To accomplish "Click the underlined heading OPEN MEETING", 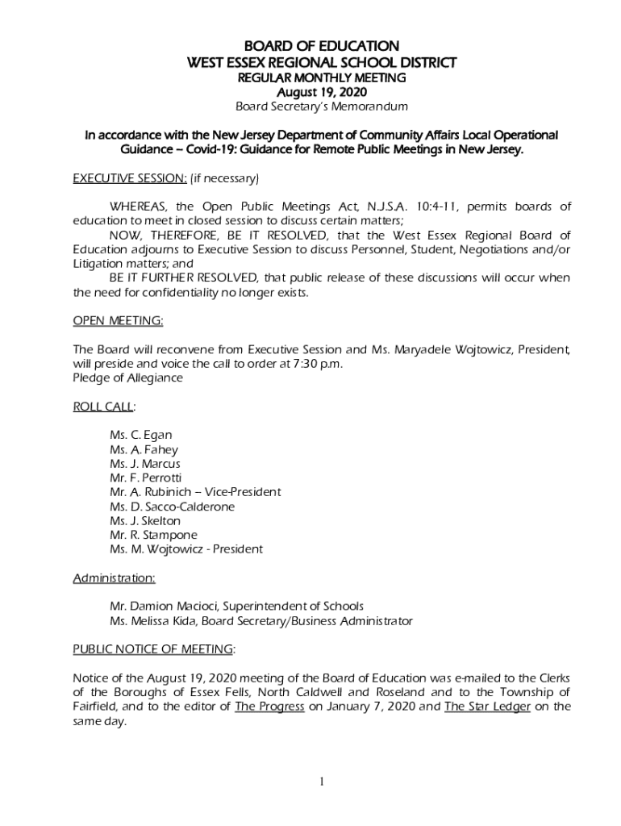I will click(x=118, y=321).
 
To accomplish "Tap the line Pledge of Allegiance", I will click(x=127, y=378).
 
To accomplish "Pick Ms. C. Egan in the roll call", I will click(x=140, y=436).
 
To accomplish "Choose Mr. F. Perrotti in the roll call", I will click(x=145, y=478).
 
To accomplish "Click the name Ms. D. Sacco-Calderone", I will click(x=172, y=507).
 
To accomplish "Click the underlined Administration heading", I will click(x=115, y=578).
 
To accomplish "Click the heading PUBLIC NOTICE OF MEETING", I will click(x=153, y=649).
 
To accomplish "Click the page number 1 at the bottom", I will click(x=321, y=781).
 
